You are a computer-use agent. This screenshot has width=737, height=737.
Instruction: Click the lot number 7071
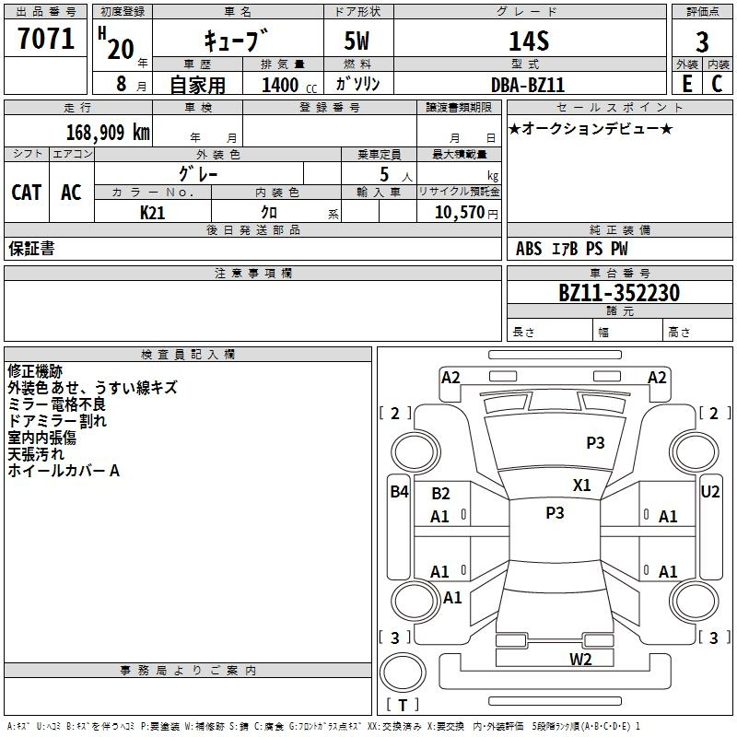46,39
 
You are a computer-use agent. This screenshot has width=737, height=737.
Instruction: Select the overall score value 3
702,42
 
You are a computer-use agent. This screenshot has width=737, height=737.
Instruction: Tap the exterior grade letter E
686,83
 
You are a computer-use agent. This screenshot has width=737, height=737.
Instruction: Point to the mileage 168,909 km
108,132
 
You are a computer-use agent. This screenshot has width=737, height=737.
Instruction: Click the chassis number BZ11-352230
619,293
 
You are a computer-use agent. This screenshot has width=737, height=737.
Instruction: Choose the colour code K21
152,212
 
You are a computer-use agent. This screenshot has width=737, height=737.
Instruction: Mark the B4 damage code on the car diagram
398,492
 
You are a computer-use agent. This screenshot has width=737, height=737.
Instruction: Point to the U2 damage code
710,492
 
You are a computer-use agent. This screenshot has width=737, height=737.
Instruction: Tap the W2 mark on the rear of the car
579,659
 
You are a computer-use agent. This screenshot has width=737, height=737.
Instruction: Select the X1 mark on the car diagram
582,485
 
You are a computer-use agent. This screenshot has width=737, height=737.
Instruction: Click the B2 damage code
440,495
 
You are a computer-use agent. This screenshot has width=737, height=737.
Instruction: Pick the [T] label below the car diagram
403,706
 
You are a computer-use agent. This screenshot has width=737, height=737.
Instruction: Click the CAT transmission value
27,193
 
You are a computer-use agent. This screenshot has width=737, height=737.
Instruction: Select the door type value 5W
358,41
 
